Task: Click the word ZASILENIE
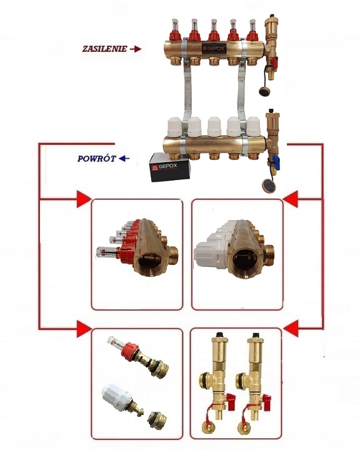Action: point(105,49)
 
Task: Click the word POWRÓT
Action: point(97,159)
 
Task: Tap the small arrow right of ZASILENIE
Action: point(136,49)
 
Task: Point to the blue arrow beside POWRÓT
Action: point(124,158)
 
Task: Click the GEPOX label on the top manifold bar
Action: point(214,49)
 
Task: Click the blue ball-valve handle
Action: point(276,159)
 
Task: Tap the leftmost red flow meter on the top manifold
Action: point(175,29)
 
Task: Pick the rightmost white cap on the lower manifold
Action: point(253,126)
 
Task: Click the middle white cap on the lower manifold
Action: point(214,126)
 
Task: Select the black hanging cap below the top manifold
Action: point(264,91)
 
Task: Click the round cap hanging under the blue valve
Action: point(269,186)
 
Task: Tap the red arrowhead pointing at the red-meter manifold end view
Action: point(84,199)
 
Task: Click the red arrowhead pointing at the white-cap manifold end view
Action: point(291,199)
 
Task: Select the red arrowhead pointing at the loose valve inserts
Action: point(84,329)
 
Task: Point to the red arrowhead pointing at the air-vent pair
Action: point(291,329)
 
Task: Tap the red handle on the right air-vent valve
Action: point(266,399)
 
